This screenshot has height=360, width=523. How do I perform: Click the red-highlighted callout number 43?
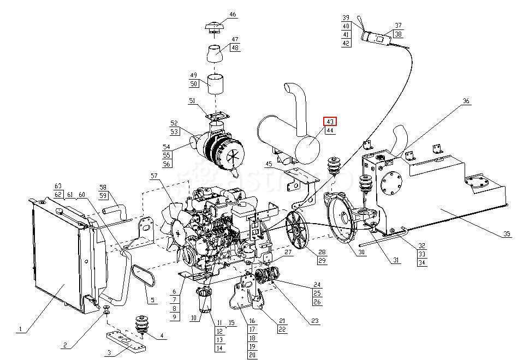point(331,122)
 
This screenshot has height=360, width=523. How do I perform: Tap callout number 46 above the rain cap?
point(233,15)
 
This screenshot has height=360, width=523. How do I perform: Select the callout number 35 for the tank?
point(507,234)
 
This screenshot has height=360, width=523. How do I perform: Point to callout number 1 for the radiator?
point(20,329)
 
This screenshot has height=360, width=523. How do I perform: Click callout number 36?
point(466,101)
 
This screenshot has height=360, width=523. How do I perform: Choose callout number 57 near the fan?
point(154,176)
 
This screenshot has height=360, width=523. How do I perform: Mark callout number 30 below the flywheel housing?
point(361,252)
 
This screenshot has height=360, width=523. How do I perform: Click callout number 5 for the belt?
point(152,299)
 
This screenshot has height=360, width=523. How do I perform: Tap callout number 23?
point(314,321)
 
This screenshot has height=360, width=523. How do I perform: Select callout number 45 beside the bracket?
point(269,164)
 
